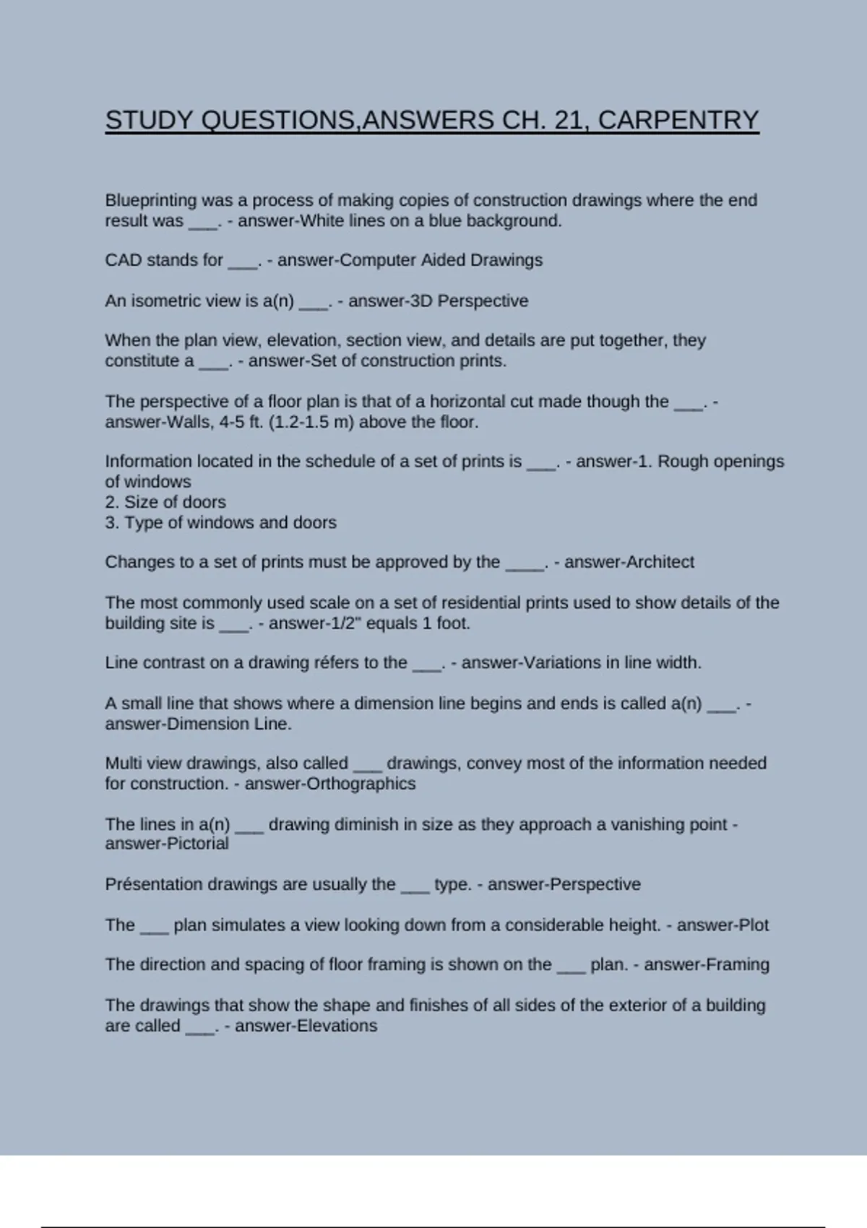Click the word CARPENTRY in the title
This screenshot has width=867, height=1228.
click(x=678, y=120)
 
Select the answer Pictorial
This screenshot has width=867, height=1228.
click(x=197, y=844)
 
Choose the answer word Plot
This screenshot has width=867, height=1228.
click(x=754, y=925)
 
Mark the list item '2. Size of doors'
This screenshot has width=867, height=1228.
click(x=165, y=502)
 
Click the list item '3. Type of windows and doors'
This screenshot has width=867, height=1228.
click(x=220, y=522)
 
